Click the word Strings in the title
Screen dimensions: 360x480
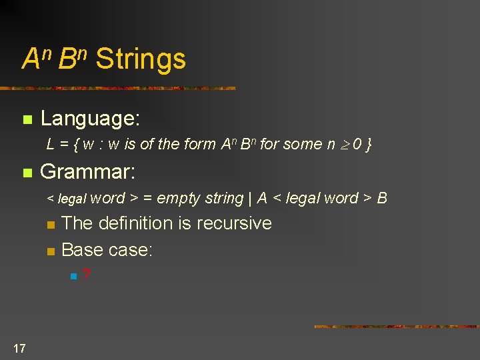tap(141, 59)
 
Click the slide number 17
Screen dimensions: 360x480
tap(19, 347)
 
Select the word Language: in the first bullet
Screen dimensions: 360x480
tap(90, 119)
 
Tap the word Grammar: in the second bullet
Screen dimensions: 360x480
tap(88, 173)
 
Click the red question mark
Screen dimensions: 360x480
tap(87, 275)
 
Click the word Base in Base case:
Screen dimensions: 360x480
tap(81, 250)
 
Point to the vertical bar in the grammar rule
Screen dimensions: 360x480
tap(250, 198)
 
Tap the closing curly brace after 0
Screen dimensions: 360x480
tap(369, 144)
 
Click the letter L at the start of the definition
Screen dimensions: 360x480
tap(51, 144)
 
